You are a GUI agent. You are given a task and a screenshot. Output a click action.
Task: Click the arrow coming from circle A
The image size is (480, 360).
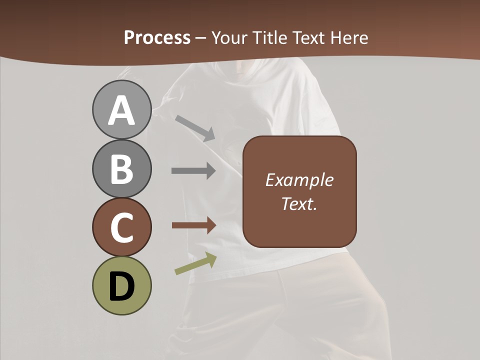(195, 128)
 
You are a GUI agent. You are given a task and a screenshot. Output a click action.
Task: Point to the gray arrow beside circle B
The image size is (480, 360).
(193, 170)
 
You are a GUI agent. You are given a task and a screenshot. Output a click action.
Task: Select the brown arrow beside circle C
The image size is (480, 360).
(194, 225)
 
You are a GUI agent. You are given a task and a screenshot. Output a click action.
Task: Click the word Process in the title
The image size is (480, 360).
(157, 37)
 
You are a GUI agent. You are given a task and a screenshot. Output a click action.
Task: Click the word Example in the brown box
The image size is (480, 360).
(299, 180)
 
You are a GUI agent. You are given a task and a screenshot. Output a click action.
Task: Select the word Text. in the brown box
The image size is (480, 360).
(299, 203)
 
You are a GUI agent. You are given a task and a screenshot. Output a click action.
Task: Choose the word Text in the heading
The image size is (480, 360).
(308, 37)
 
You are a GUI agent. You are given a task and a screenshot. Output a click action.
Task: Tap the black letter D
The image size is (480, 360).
(121, 286)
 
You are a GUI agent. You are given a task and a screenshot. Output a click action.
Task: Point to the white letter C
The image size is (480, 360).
(121, 228)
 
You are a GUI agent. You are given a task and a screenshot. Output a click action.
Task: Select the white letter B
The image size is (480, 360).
(121, 169)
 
